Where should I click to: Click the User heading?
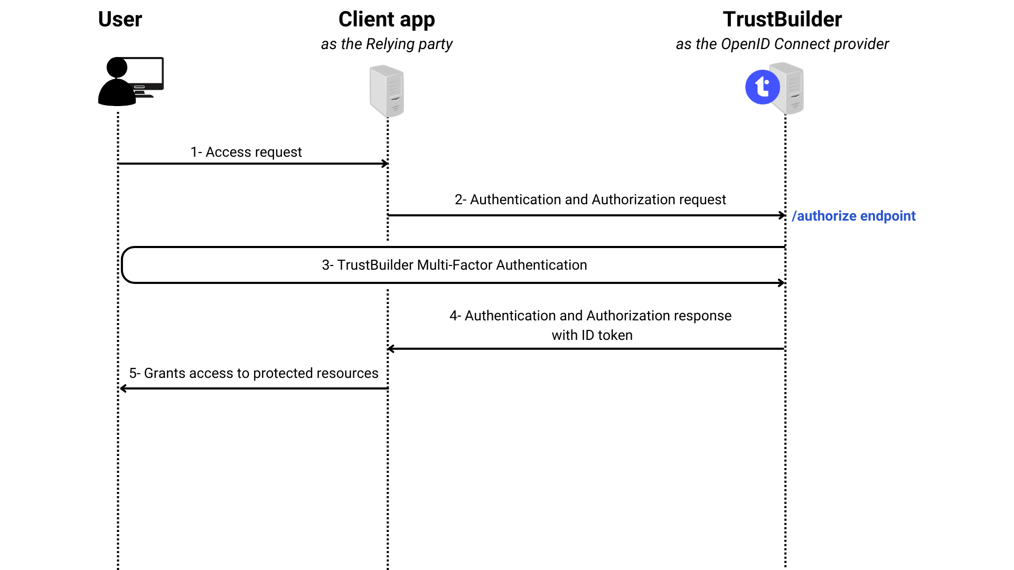coord(120,20)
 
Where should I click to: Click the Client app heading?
coord(387,20)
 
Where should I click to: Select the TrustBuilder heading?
coord(782,20)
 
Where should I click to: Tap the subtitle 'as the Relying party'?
coord(387,44)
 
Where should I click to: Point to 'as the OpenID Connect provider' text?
coord(782,44)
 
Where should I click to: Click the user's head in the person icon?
coord(117,68)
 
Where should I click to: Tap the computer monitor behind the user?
coord(148,73)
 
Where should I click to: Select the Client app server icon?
coord(387,91)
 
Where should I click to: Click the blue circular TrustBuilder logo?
coord(762,87)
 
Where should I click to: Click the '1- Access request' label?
coord(246,152)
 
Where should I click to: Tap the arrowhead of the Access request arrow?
coord(386,164)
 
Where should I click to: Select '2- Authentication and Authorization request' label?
coord(590,199)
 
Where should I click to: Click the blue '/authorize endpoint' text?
coord(853,216)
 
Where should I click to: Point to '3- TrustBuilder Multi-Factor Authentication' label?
coord(454,265)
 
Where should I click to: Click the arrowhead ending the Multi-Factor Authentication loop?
coord(782,283)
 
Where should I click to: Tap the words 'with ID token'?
coord(592,335)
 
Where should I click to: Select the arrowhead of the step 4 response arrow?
coord(390,349)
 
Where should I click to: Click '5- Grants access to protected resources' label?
coord(253,373)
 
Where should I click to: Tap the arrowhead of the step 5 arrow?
coord(123,388)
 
